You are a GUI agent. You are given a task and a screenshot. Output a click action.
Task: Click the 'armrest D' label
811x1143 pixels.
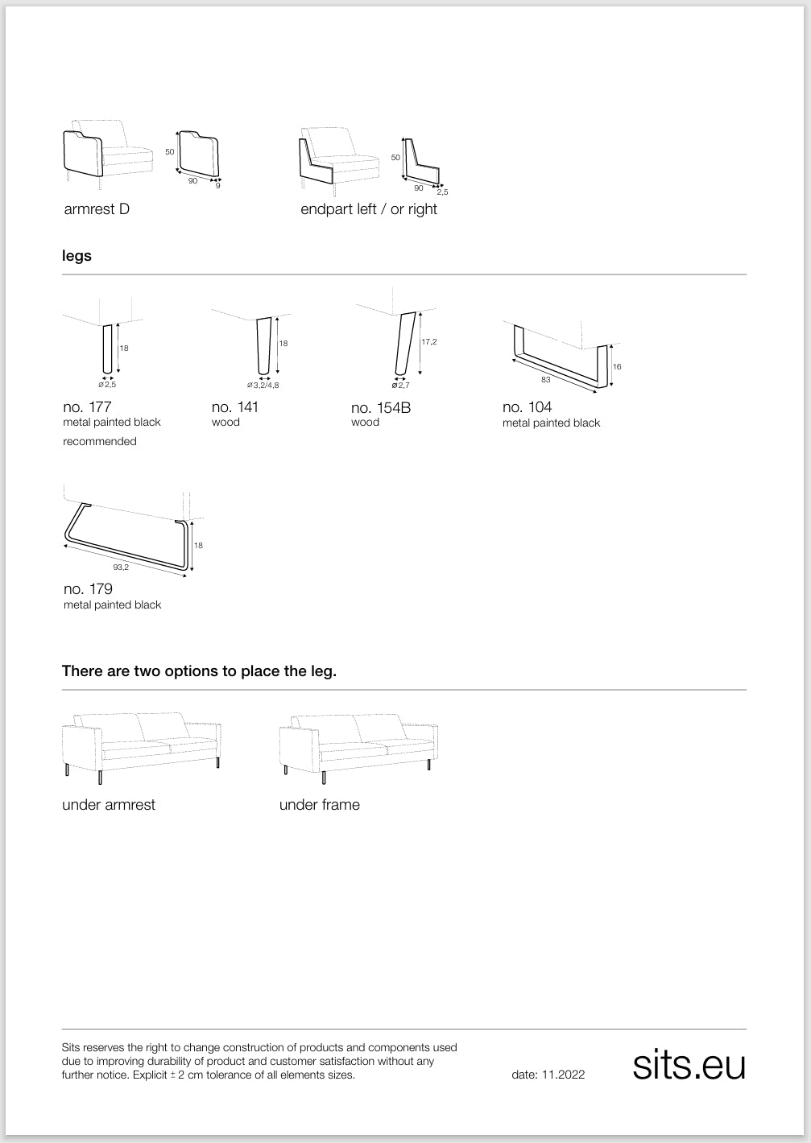(97, 209)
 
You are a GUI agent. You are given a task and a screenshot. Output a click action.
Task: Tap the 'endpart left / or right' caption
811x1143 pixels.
(369, 209)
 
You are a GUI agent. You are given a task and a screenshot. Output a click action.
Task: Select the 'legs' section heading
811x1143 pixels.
(77, 256)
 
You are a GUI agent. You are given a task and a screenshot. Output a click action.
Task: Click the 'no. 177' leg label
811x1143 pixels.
(87, 406)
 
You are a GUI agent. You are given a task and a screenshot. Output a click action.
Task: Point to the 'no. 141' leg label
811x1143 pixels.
(235, 406)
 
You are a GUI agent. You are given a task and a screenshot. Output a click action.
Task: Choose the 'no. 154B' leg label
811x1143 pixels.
(381, 407)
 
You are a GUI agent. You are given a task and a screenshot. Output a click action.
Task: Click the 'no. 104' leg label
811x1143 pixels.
(527, 406)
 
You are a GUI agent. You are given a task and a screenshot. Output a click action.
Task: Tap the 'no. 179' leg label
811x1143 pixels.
(88, 589)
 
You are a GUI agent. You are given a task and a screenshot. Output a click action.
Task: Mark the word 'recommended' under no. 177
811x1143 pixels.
(100, 441)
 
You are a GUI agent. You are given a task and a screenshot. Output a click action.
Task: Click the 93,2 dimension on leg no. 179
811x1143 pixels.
(121, 567)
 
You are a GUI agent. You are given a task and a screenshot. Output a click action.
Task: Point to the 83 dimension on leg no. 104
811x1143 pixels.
(546, 379)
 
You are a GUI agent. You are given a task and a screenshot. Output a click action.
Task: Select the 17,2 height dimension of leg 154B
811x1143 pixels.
(429, 342)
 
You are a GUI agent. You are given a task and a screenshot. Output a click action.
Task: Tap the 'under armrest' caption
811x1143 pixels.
(109, 805)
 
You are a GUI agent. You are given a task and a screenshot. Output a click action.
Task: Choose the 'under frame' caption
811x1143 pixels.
(320, 805)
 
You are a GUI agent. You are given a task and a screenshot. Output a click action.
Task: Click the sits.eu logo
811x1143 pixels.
(689, 1065)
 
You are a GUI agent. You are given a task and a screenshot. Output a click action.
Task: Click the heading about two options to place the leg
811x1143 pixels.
(199, 671)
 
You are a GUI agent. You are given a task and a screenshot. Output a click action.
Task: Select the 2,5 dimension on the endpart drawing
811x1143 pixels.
(442, 192)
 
